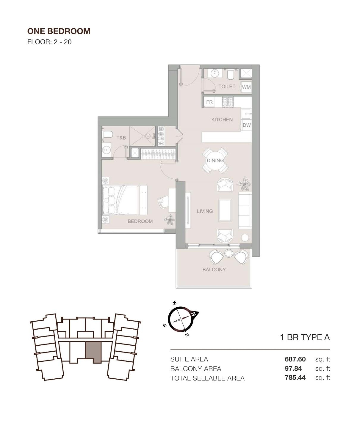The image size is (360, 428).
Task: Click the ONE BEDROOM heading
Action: coord(59,31)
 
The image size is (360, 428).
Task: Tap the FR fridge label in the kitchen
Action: coord(209,102)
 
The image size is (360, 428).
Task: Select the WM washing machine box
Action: coord(246,87)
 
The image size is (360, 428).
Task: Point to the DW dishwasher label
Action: coord(246,125)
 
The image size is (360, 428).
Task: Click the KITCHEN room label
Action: coord(222,119)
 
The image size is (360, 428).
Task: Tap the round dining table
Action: coord(215,160)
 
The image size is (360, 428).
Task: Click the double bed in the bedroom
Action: coord(120,200)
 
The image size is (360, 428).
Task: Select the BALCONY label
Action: coord(214,270)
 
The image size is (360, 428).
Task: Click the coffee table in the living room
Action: coord(225,210)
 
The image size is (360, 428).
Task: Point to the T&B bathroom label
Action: coord(121,138)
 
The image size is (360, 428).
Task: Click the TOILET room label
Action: coord(227,86)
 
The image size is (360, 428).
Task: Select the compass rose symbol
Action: coord(180,319)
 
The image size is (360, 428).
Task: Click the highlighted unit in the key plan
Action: coord(93,351)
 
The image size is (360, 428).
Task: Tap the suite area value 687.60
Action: coord(295,359)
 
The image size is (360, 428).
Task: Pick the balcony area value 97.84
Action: coord(293,369)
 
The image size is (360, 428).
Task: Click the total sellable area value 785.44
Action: coord(295,378)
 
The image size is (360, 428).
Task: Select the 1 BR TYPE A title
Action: coord(305,337)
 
